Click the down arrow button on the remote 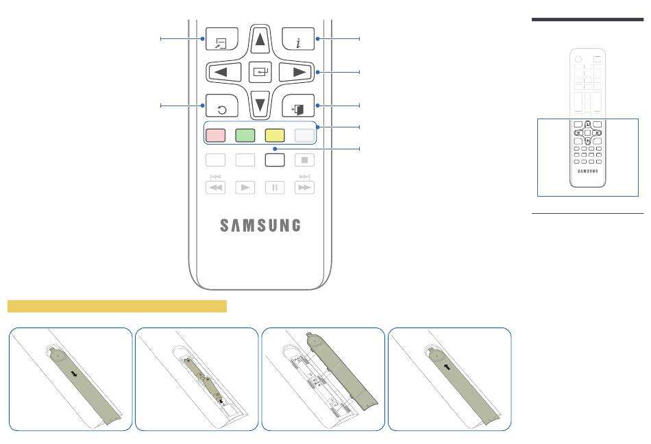pos(260,105)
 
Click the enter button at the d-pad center pos(260,71)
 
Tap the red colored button pos(215,135)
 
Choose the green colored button pos(245,135)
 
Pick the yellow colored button pos(275,135)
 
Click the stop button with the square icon pos(305,160)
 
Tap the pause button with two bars pos(275,187)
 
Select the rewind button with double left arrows pos(215,187)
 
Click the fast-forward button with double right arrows pos(305,187)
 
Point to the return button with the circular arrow pos(221,108)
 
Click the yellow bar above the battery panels pos(116,306)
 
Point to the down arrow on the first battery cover pos(73,375)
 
